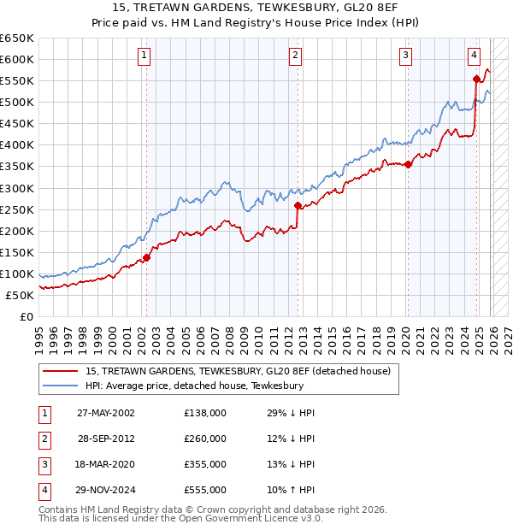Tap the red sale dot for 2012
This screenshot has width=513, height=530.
(298, 205)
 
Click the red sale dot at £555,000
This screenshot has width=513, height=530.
(476, 79)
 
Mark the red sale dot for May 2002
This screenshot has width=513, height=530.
(146, 256)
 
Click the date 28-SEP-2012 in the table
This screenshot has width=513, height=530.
(108, 439)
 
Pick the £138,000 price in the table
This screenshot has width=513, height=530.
(205, 413)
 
